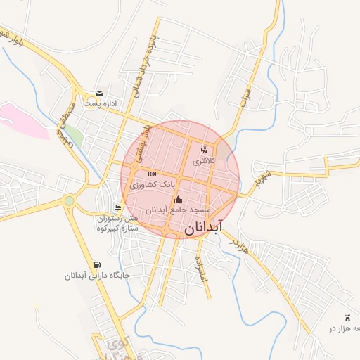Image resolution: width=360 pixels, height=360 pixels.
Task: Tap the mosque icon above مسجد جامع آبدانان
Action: pyautogui.click(x=177, y=199)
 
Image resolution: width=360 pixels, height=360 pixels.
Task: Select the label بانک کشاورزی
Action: pyautogui.click(x=151, y=184)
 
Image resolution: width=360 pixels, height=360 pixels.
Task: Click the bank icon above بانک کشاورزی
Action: pyautogui.click(x=151, y=174)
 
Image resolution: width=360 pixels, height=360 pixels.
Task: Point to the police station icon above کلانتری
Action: pyautogui.click(x=204, y=150)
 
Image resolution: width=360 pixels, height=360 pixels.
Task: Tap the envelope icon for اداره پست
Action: pyautogui.click(x=99, y=94)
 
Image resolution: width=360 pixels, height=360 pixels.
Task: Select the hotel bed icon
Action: pyautogui.click(x=117, y=207)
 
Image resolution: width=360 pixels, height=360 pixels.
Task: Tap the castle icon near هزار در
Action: pyautogui.click(x=347, y=318)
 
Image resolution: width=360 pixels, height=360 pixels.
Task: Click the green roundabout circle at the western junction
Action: pyautogui.click(x=69, y=201)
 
